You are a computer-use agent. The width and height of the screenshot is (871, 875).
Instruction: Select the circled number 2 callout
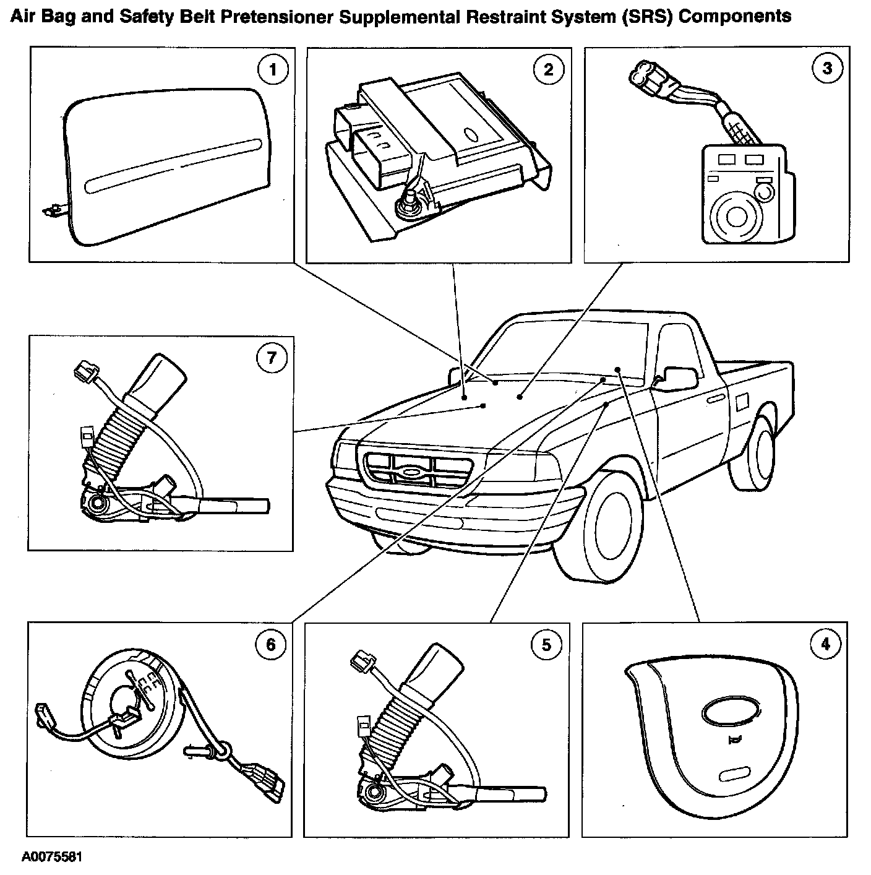click(549, 69)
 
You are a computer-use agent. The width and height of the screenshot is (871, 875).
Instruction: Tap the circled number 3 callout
click(828, 68)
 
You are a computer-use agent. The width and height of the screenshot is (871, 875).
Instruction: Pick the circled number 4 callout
click(826, 644)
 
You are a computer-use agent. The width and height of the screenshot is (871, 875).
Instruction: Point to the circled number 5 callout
click(546, 645)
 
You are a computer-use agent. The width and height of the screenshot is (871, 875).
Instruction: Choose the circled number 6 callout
click(271, 645)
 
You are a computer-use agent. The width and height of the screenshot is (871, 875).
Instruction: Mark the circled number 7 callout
click(272, 358)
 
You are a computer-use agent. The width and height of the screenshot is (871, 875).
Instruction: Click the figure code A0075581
click(52, 857)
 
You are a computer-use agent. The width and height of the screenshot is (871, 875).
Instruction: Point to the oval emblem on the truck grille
click(411, 472)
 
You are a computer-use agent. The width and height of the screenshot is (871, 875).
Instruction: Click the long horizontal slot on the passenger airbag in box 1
click(173, 166)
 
